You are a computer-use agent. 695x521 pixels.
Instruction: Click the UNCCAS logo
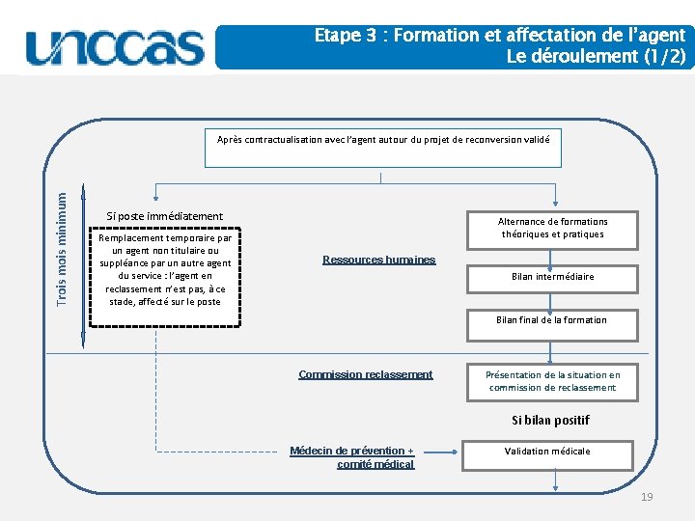[116, 46]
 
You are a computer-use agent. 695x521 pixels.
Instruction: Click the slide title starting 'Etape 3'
[499, 35]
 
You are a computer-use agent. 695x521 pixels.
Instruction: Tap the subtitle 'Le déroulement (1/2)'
[596, 56]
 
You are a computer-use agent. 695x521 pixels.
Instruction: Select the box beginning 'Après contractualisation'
[383, 147]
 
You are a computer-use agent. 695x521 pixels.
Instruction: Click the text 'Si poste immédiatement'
[164, 216]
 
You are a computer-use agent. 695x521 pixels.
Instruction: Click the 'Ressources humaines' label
[378, 260]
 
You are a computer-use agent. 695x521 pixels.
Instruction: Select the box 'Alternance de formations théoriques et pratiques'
[552, 228]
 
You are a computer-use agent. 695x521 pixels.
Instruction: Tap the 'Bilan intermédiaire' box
[552, 277]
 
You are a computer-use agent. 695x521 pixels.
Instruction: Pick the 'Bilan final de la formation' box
[552, 321]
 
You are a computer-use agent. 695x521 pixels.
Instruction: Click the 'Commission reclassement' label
[366, 374]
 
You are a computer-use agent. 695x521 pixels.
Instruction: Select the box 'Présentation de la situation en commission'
[552, 381]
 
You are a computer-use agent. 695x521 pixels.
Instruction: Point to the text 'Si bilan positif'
[550, 420]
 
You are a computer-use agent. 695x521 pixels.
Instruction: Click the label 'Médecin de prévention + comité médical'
[352, 457]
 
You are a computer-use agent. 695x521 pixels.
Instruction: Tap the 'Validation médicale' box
[548, 452]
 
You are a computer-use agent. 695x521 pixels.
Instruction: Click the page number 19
[647, 496]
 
